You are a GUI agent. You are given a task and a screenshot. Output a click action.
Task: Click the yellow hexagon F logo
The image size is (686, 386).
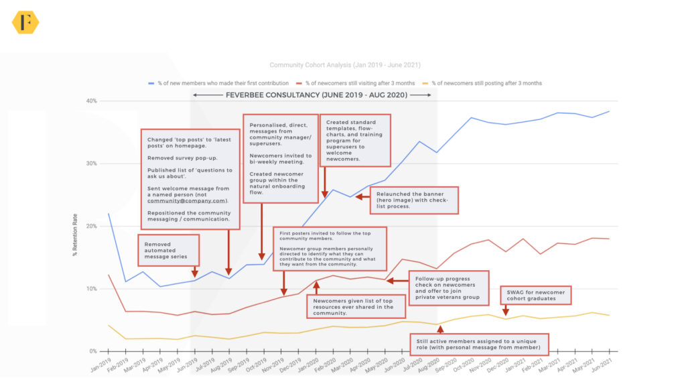tap(25, 22)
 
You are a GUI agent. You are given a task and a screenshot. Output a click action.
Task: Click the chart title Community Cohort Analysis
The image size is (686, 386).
tap(345, 65)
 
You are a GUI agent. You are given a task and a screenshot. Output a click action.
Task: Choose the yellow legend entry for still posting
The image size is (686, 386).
tap(486, 83)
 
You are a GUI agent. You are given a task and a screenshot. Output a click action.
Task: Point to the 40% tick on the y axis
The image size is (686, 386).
tap(90, 101)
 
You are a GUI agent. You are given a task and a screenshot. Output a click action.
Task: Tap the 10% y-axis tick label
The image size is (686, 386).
tap(90, 289)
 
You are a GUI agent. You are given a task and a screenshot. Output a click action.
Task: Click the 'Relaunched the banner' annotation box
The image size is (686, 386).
tap(413, 199)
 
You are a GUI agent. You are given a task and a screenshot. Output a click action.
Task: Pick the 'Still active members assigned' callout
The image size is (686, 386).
tap(479, 344)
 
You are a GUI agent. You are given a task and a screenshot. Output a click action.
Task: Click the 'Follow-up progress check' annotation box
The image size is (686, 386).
tap(447, 287)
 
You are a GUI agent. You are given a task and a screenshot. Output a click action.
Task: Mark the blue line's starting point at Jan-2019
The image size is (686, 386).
tap(109, 214)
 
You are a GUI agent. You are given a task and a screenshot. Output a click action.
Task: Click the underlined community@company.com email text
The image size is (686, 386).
tap(188, 200)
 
